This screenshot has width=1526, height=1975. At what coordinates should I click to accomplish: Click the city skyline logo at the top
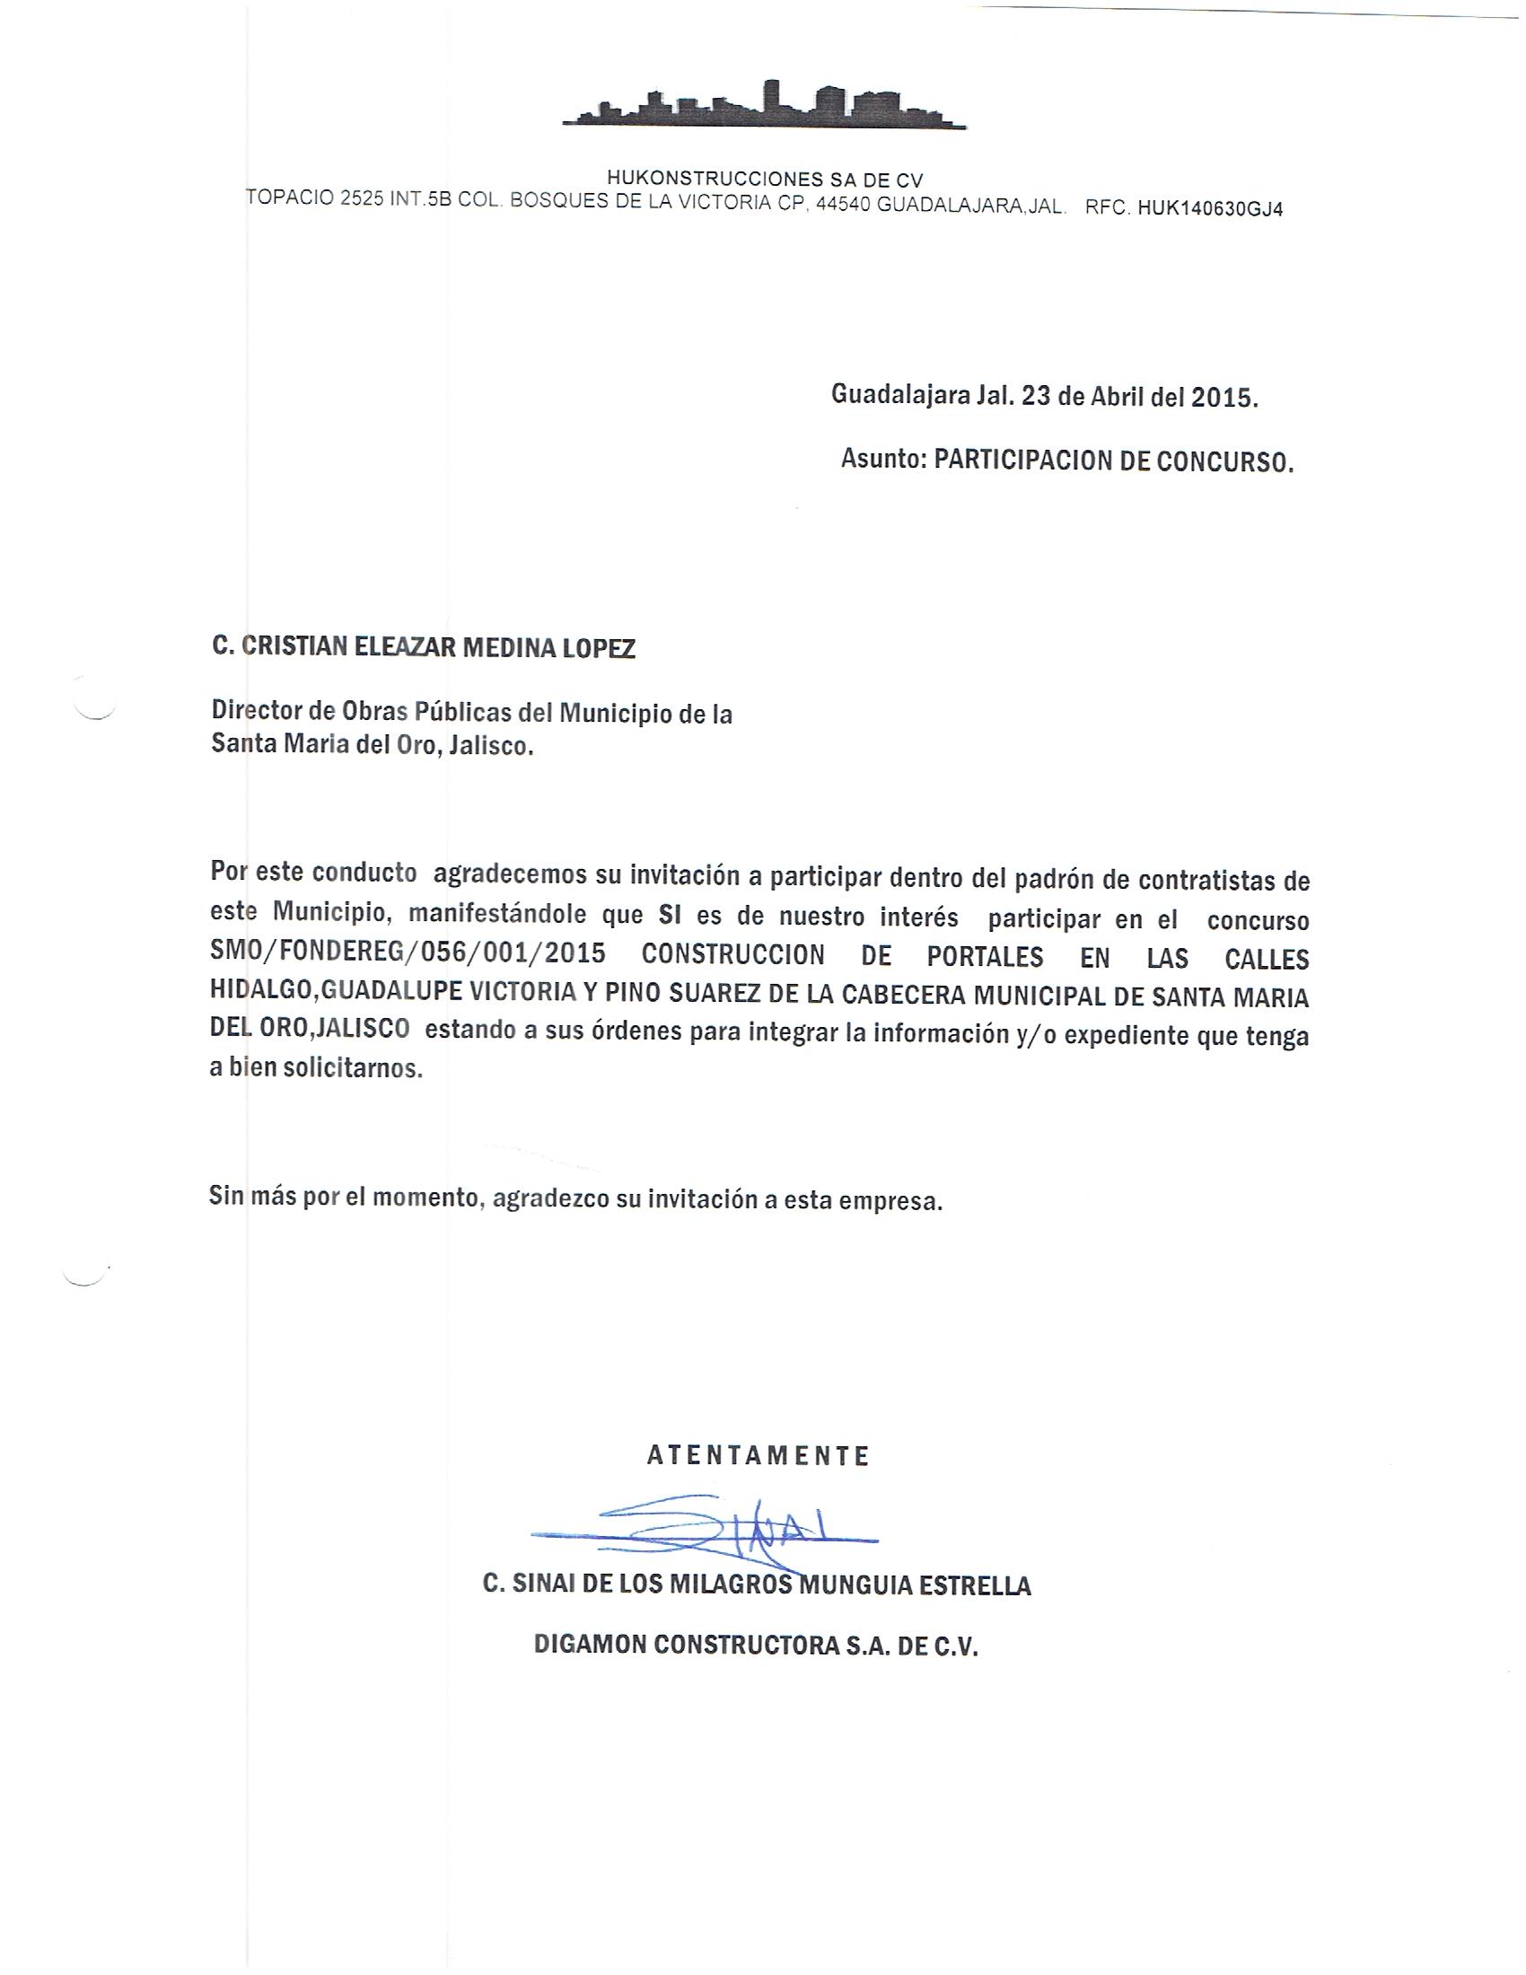[x=764, y=105]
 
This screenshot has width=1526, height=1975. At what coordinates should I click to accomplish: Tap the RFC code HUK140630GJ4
[x=1210, y=209]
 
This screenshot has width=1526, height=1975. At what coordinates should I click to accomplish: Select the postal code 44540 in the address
[x=843, y=206]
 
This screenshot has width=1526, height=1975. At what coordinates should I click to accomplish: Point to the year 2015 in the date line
[x=1223, y=398]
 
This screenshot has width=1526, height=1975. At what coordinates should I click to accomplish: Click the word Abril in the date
[x=1117, y=397]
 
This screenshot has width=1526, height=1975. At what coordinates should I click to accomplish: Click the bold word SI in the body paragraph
[x=669, y=917]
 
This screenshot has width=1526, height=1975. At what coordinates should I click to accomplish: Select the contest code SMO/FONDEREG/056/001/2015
[x=408, y=956]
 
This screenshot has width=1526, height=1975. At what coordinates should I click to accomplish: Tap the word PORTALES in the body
[x=986, y=957]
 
